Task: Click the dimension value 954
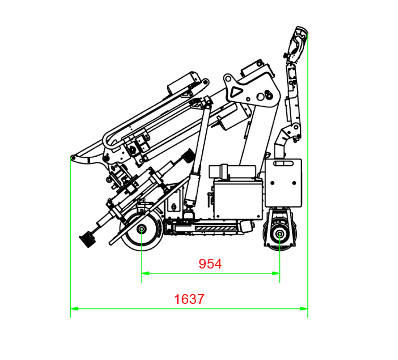pyautogui.click(x=210, y=264)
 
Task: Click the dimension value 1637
pyautogui.click(x=189, y=299)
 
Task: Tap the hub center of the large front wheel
pyautogui.click(x=141, y=229)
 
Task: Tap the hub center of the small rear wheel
pyautogui.click(x=280, y=234)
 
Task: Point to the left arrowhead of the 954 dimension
pyautogui.click(x=145, y=273)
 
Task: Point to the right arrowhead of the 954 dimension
pyautogui.click(x=276, y=273)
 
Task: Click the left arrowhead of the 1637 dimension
pyautogui.click(x=74, y=309)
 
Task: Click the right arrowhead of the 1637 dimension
pyautogui.click(x=304, y=309)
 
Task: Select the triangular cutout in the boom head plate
pyautogui.click(x=236, y=92)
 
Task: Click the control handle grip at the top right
pyautogui.click(x=297, y=44)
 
